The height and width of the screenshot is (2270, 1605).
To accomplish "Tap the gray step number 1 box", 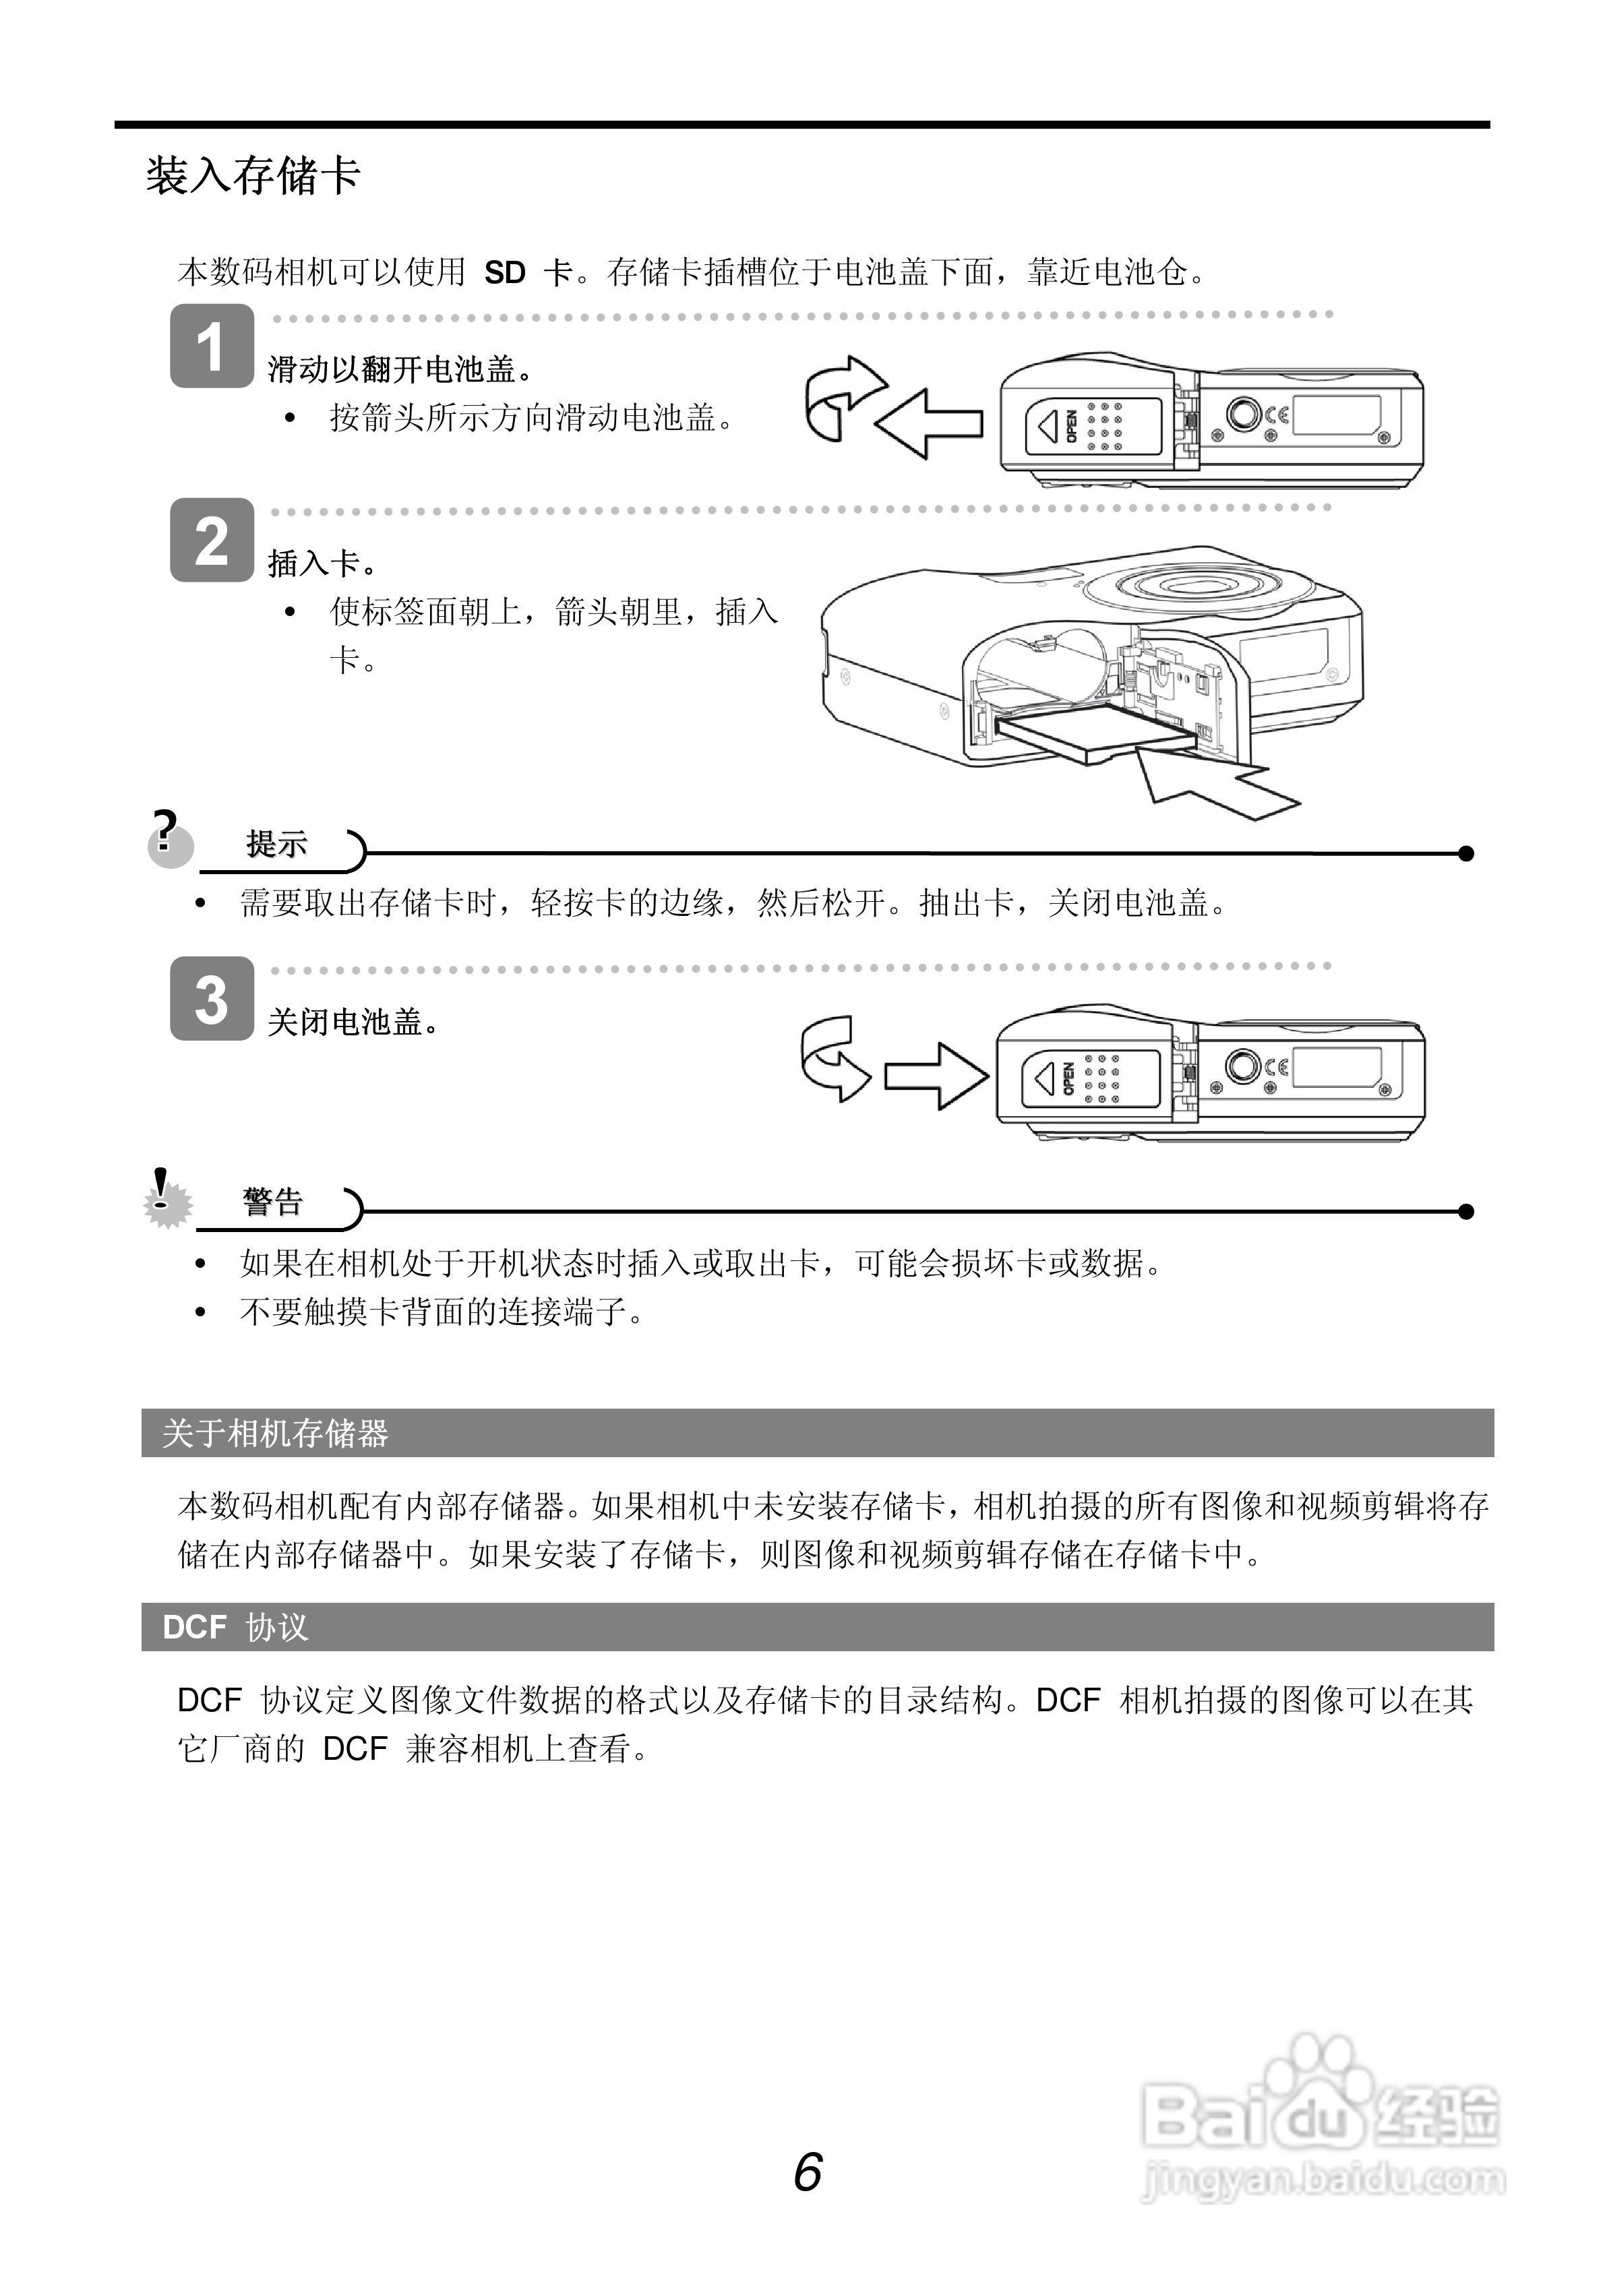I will click(x=212, y=346).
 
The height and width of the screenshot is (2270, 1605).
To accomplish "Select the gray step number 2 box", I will click(x=212, y=540).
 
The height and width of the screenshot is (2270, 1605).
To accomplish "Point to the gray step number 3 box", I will click(x=212, y=999).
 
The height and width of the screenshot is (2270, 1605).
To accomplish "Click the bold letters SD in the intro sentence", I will click(x=504, y=272).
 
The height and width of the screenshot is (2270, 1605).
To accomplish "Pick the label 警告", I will click(x=273, y=1202).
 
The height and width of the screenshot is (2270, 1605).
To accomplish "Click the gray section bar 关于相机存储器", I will click(x=817, y=1434).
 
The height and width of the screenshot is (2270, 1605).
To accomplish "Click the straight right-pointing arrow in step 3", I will click(x=934, y=1075).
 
